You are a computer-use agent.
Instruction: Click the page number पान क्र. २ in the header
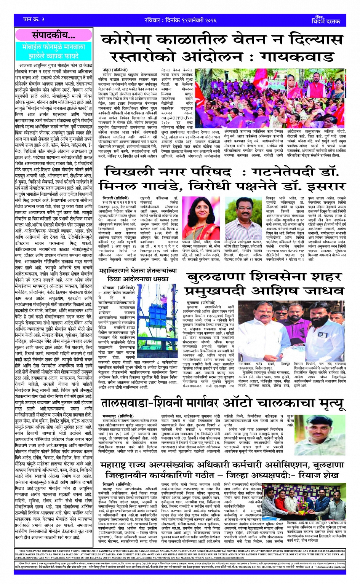34,19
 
